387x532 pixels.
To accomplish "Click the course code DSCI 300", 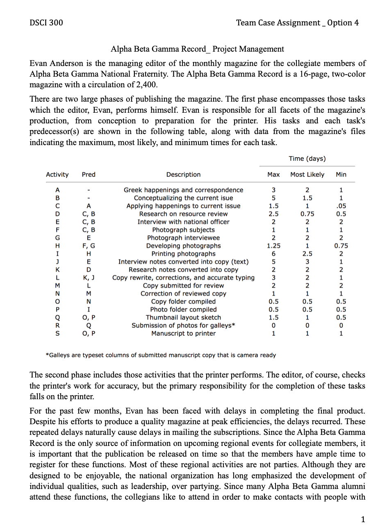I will pyautogui.click(x=46, y=23).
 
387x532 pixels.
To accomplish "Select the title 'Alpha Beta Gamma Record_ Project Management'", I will pyautogui.click(x=197, y=49).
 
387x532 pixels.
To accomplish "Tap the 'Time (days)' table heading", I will pyautogui.click(x=307, y=159).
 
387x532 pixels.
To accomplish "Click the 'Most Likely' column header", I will pyautogui.click(x=307, y=175).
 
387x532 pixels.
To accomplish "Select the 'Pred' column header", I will pyautogui.click(x=89, y=175).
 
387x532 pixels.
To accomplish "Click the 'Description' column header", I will pyautogui.click(x=183, y=175).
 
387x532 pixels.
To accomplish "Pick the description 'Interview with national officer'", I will pyautogui.click(x=183, y=222).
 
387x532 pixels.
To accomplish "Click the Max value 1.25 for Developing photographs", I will pyautogui.click(x=273, y=246).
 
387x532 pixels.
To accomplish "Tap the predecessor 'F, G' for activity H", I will pyautogui.click(x=89, y=246).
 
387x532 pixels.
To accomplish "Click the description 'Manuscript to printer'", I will pyautogui.click(x=183, y=333).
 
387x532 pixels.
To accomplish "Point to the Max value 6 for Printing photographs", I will pyautogui.click(x=273, y=254).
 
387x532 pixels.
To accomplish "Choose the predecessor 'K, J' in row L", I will pyautogui.click(x=89, y=277).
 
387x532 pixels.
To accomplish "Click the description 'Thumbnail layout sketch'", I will pyautogui.click(x=183, y=317).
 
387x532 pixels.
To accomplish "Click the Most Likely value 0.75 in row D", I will pyautogui.click(x=307, y=214).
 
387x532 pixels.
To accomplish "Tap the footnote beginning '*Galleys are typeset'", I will pyautogui.click(x=160, y=355).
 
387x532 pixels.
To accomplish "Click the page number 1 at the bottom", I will pyautogui.click(x=362, y=520).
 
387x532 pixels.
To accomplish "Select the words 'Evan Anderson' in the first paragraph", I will pyautogui.click(x=55, y=64).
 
